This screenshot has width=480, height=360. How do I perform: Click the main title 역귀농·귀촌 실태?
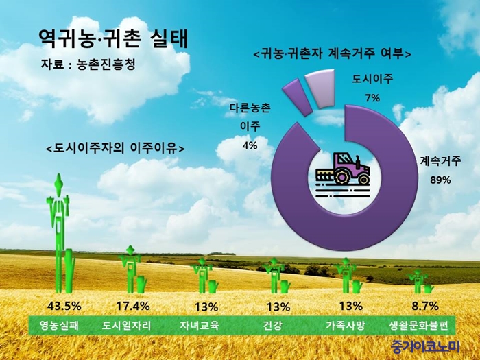pyautogui.click(x=113, y=39)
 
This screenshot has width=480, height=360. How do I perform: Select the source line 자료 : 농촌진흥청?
pyautogui.click(x=88, y=64)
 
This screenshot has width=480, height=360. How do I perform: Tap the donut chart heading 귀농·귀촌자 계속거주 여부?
pyautogui.click(x=333, y=53)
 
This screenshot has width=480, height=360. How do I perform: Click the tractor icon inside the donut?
pyautogui.click(x=343, y=172)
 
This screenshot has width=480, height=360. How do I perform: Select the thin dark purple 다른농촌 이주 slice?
pyautogui.click(x=297, y=97)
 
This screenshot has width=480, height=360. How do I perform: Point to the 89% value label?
pyautogui.click(x=440, y=180)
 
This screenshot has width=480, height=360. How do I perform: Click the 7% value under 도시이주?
pyautogui.click(x=372, y=98)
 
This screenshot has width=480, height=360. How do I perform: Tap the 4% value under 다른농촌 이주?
pyautogui.click(x=250, y=145)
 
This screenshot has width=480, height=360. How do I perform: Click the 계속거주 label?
pyautogui.click(x=440, y=161)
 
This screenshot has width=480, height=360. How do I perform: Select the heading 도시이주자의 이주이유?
pyautogui.click(x=115, y=148)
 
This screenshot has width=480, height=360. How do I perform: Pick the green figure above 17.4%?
pyautogui.click(x=132, y=269)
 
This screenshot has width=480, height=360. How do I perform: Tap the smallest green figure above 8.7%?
pyautogui.click(x=419, y=282)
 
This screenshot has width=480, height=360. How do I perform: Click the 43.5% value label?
pyautogui.click(x=64, y=306)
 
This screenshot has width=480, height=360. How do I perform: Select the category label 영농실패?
pyautogui.click(x=59, y=325)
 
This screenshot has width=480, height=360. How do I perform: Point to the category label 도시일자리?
pyautogui.click(x=126, y=325)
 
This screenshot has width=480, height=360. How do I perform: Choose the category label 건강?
pyautogui.click(x=272, y=325)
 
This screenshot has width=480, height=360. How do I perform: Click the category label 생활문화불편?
pyautogui.click(x=419, y=325)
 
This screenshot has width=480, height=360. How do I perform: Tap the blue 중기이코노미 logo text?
pyautogui.click(x=426, y=346)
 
